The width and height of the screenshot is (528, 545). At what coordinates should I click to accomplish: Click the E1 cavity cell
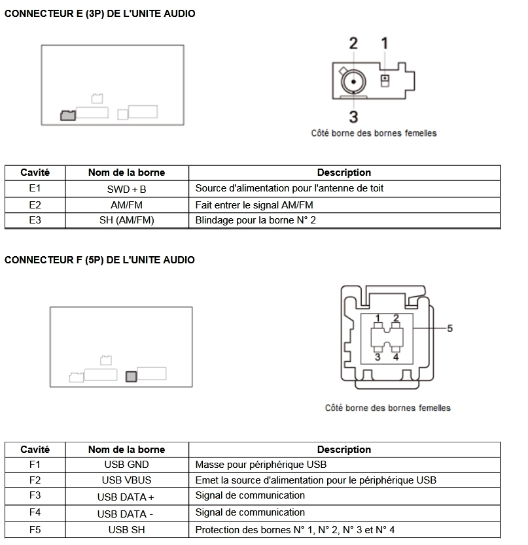[x=35, y=188]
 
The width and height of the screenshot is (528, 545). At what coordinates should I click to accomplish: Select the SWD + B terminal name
[x=126, y=189]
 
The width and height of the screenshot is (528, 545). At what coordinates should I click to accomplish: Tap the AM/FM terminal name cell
[x=126, y=205]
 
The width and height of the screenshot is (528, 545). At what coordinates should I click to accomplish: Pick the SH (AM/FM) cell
[x=126, y=220]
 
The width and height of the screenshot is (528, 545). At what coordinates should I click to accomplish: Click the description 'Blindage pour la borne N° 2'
[x=255, y=220]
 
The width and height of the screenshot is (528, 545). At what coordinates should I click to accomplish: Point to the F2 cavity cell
[x=35, y=480]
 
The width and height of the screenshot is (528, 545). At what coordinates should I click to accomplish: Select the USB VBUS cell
[x=126, y=480]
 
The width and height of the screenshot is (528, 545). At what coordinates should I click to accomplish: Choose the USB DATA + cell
[x=126, y=497]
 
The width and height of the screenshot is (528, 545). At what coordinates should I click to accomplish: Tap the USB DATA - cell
[x=126, y=514]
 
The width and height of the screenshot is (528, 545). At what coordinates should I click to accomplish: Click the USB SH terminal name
[x=126, y=530]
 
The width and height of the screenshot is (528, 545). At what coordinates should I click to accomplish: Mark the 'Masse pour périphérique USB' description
[x=260, y=465]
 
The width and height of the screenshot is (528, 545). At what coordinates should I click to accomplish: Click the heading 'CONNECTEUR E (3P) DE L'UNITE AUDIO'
[x=99, y=14]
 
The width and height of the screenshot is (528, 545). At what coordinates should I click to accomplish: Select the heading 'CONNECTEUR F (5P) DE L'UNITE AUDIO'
[x=99, y=260]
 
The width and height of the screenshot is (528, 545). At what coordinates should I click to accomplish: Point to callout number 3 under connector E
[x=353, y=117]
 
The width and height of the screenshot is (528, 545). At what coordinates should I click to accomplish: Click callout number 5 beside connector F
[x=449, y=328]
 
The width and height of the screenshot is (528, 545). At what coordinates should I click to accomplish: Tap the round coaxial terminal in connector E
[x=353, y=82]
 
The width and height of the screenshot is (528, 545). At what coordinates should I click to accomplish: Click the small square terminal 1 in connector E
[x=385, y=80]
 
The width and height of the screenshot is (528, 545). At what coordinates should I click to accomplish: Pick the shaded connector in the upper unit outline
[x=67, y=115]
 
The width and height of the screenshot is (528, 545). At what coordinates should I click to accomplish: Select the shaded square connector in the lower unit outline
[x=131, y=376]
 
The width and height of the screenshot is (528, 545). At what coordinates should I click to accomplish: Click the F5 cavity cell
[x=35, y=530]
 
